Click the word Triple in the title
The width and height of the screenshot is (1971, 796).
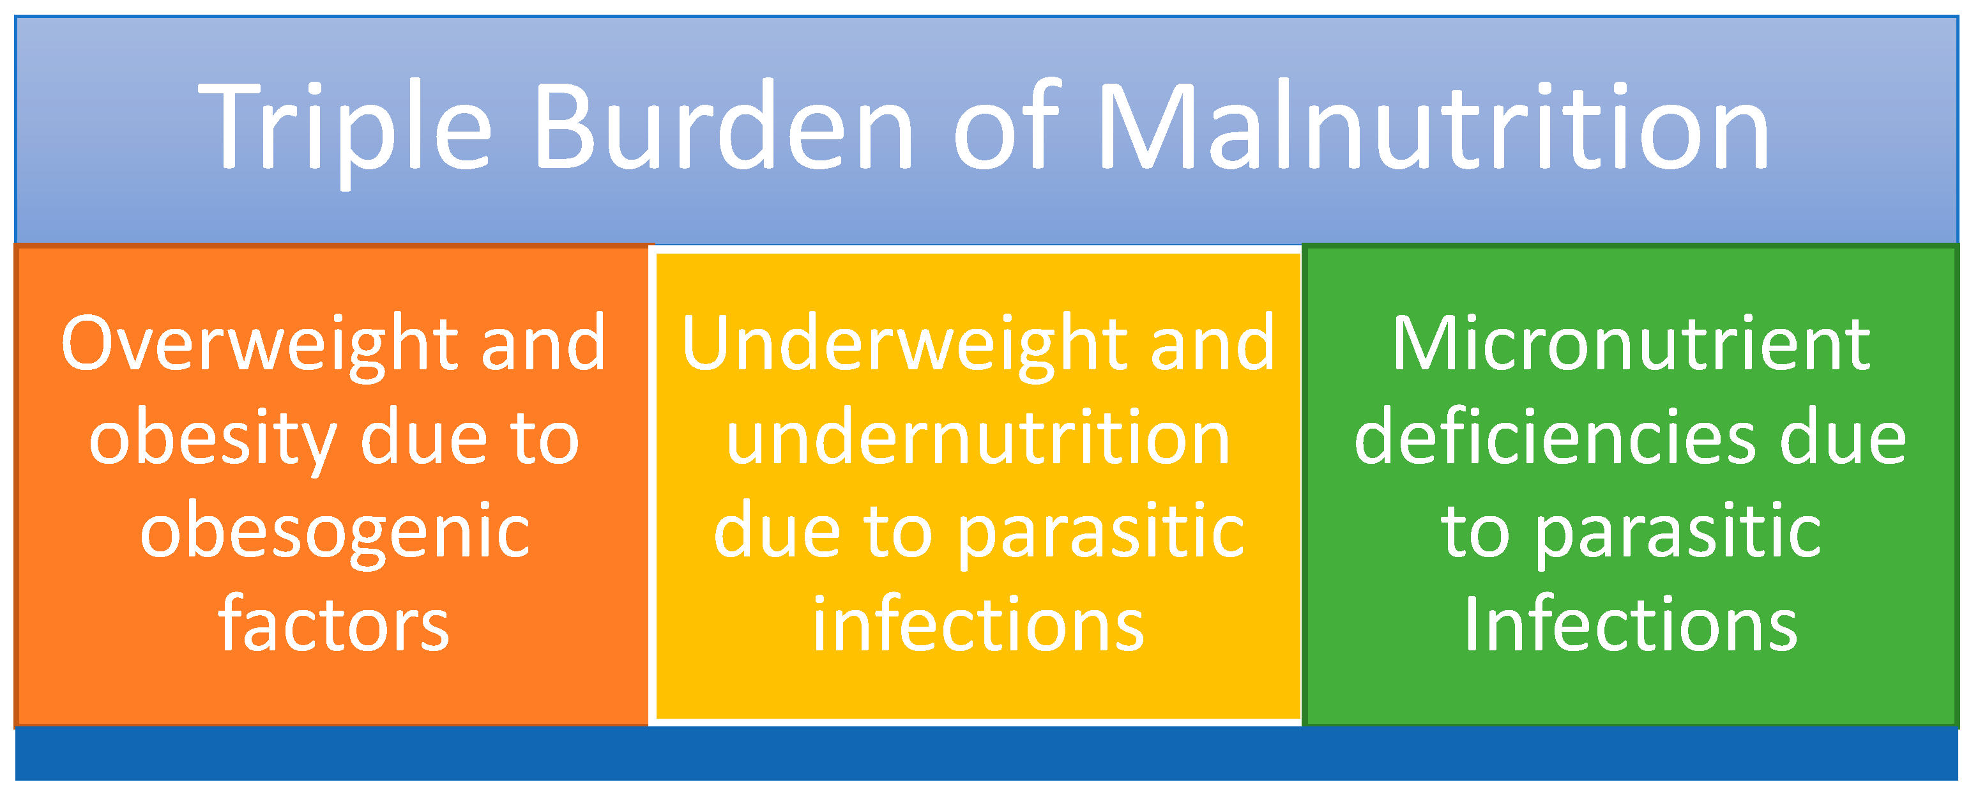tap(344, 126)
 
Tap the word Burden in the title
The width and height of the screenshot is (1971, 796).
tap(723, 126)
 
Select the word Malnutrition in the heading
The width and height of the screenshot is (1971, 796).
tap(1431, 126)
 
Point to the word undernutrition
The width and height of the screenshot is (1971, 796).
tap(978, 440)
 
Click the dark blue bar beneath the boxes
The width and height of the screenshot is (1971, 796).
tap(985, 754)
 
